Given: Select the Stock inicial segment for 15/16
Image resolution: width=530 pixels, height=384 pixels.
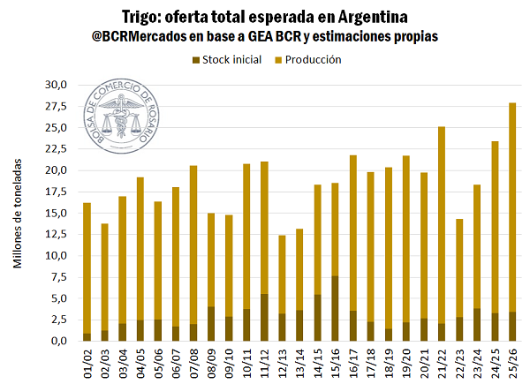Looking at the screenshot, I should pyautogui.click(x=334, y=309).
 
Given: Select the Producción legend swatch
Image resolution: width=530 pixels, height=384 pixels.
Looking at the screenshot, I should pyautogui.click(x=278, y=60).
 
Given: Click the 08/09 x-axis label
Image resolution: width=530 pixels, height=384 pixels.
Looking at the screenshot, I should pyautogui.click(x=210, y=363).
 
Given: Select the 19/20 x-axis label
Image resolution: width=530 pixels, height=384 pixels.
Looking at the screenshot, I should pyautogui.click(x=405, y=363).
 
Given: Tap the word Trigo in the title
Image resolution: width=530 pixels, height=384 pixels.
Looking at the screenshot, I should pyautogui.click(x=148, y=17).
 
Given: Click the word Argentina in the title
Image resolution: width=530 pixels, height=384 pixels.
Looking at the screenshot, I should pyautogui.click(x=374, y=17).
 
